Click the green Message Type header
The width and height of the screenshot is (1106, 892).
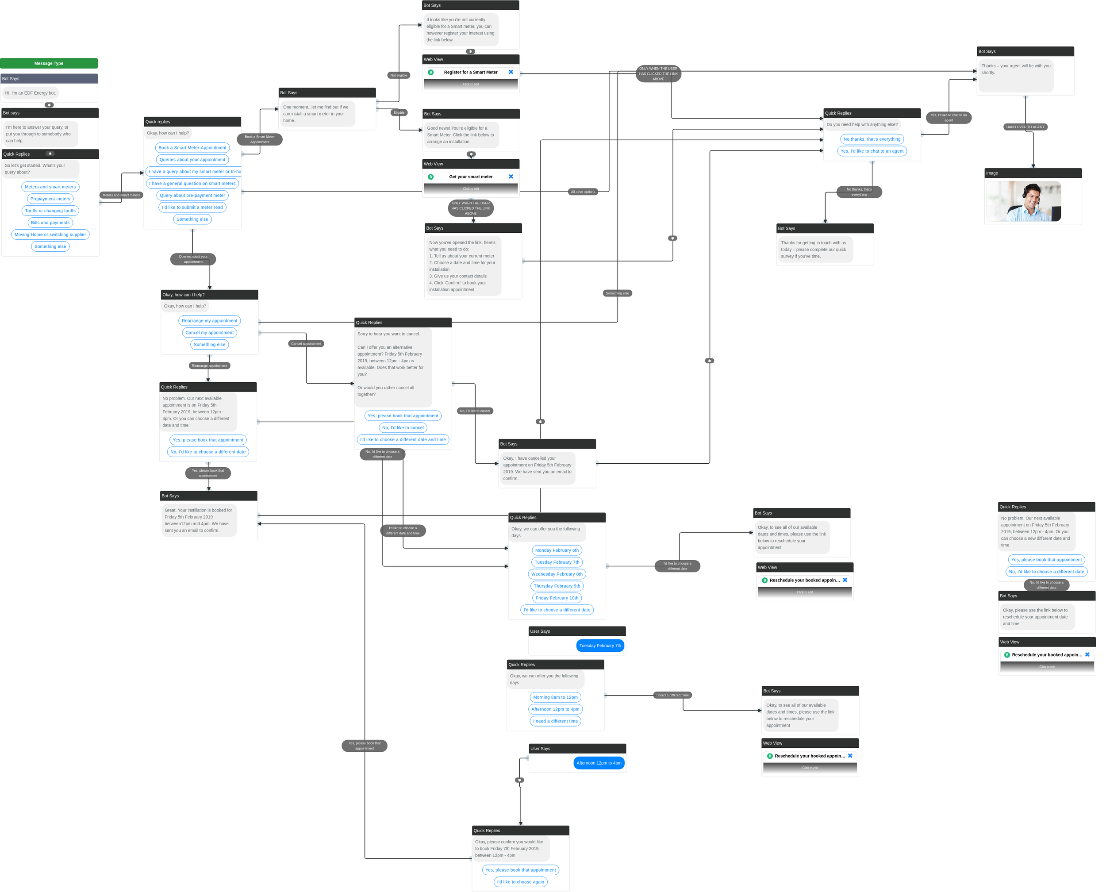pos(49,63)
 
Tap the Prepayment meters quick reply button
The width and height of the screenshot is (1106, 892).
pos(50,199)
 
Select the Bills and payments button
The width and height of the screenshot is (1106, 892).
pos(50,223)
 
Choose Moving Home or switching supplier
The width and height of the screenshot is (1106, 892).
pos(50,235)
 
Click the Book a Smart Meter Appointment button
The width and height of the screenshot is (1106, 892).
pos(192,147)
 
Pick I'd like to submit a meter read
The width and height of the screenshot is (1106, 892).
pos(192,207)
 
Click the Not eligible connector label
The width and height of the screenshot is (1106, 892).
pos(399,75)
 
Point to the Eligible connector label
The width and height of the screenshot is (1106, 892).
pos(399,112)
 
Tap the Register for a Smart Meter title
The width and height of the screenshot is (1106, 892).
pos(471,73)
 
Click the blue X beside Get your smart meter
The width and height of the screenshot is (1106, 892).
pos(511,176)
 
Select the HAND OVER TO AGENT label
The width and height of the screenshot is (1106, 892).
pos(1025,127)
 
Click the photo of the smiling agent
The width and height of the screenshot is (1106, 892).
pos(1023,201)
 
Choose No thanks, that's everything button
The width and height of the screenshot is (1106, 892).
pos(872,139)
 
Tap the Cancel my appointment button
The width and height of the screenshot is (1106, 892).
pos(209,332)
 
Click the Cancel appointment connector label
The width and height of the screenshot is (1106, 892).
pos(306,344)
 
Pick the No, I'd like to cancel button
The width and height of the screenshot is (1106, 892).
pos(403,427)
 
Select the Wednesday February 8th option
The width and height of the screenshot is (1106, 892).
pos(557,574)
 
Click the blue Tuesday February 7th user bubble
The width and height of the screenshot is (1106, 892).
pos(600,646)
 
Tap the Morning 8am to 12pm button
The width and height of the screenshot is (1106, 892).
pos(555,697)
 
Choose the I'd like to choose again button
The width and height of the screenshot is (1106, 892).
pos(520,882)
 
